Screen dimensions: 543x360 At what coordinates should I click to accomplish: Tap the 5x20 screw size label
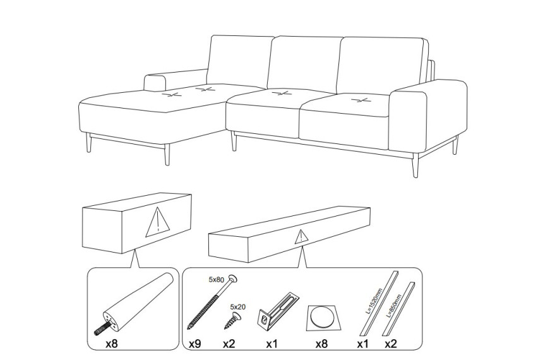click(x=238, y=307)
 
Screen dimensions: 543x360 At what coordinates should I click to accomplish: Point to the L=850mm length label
click(x=395, y=306)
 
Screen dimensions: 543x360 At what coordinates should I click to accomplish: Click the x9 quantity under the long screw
click(x=195, y=344)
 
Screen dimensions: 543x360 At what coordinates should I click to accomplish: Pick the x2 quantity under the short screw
click(x=229, y=344)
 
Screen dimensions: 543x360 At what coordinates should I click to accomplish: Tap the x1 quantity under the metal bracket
click(x=272, y=344)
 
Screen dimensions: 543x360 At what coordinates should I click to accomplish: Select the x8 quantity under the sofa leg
click(x=112, y=344)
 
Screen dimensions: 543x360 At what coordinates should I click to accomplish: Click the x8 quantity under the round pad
click(x=321, y=344)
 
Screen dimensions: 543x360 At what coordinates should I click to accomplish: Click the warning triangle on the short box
click(x=158, y=223)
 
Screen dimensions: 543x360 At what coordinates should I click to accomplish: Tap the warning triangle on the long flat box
click(x=302, y=237)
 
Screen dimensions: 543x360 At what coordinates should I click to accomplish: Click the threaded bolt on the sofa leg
click(x=102, y=328)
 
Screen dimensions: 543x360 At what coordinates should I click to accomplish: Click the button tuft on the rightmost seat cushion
click(x=359, y=100)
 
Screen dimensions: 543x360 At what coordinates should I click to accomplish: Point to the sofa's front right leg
click(x=415, y=165)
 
